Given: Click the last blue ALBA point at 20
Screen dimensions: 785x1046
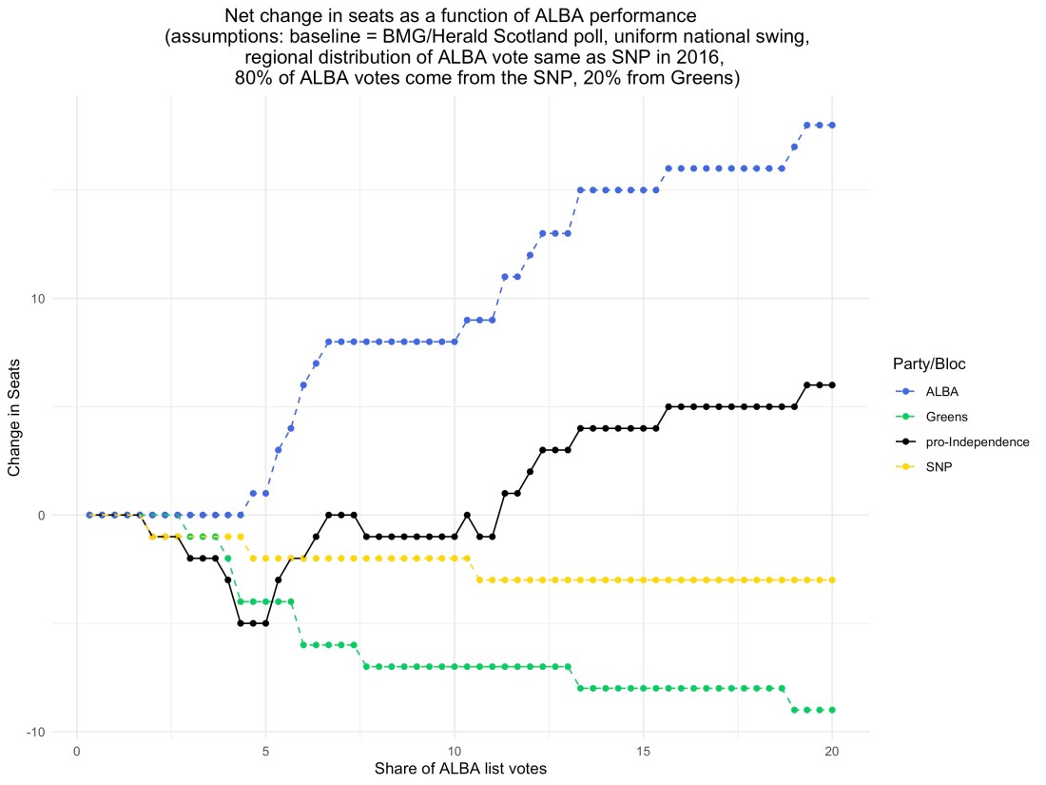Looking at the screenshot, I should [x=832, y=126].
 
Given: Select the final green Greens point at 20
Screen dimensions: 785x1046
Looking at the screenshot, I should [x=832, y=710].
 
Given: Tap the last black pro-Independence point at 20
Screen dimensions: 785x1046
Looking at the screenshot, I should [x=832, y=384].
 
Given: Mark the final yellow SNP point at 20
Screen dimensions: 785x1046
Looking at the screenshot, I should [x=832, y=579].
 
